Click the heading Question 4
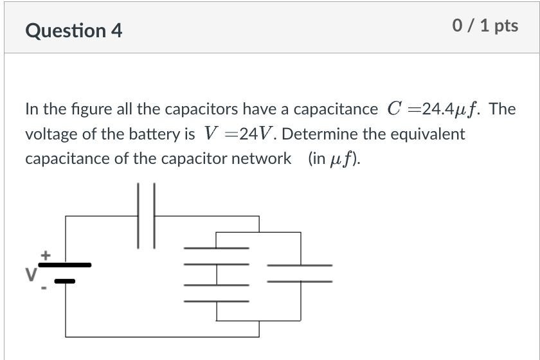pyautogui.click(x=74, y=30)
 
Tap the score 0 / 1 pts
pyautogui.click(x=485, y=26)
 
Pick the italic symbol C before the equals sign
pyautogui.click(x=395, y=109)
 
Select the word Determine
pyautogui.click(x=320, y=134)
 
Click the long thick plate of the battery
pyautogui.click(x=66, y=264)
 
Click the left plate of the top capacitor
pyautogui.click(x=139, y=215)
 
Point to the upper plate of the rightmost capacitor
pyautogui.click(x=300, y=265)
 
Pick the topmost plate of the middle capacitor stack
pyautogui.click(x=217, y=248)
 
